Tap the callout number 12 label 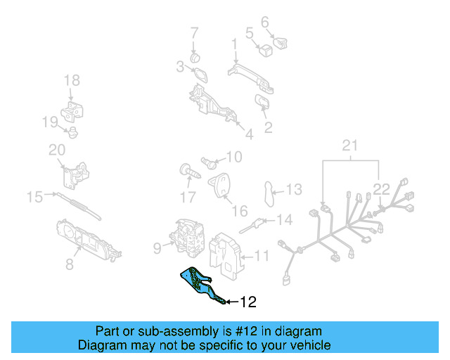point(248,302)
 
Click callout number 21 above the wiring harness point(350,146)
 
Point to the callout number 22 point(381,188)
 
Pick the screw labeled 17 point(186,171)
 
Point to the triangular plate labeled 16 point(222,185)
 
